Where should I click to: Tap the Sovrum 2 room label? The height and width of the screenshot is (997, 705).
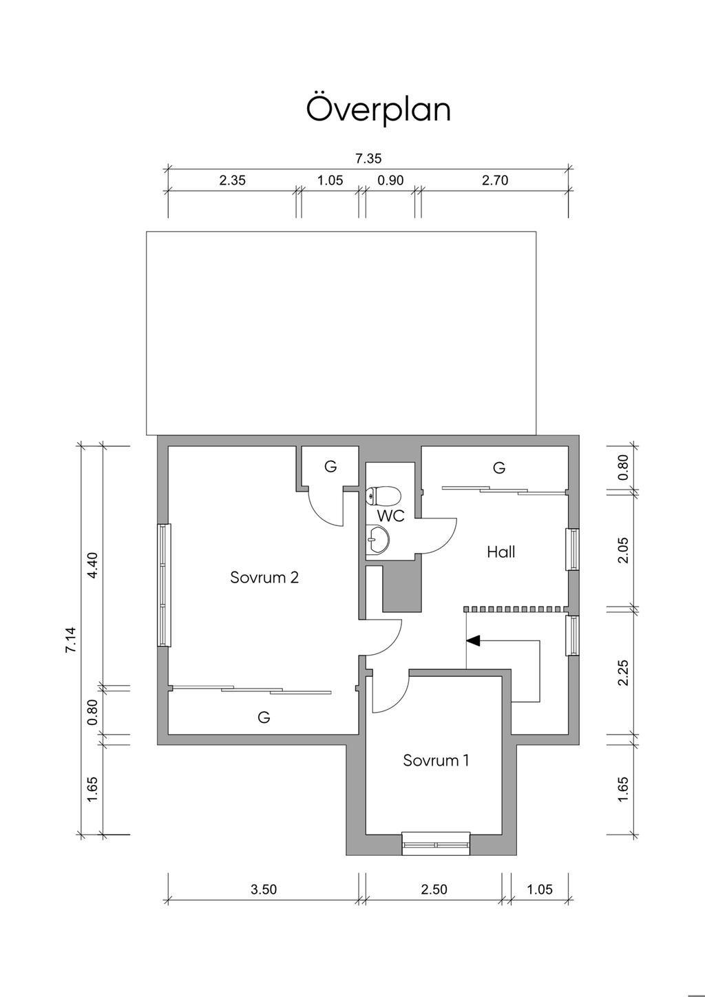point(264,577)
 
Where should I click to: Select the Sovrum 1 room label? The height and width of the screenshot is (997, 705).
point(436,759)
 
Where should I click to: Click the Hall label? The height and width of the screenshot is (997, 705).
point(501,552)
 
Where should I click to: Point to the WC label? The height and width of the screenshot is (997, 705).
point(391,516)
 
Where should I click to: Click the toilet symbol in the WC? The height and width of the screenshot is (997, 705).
point(383,495)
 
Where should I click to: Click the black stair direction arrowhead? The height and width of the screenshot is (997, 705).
point(473,640)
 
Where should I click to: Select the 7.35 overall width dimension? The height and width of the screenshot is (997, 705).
point(368,158)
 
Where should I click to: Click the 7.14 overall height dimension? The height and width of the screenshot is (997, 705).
point(71,640)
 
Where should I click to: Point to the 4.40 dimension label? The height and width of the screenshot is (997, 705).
point(94,565)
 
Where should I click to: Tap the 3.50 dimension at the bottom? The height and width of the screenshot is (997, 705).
point(264,890)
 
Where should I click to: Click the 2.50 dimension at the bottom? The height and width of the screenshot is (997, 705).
point(434,890)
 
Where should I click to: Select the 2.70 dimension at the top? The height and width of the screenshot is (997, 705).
point(495,180)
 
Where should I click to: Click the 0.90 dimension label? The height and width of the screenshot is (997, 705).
point(390,180)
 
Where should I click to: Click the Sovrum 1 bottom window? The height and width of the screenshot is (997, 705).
point(436,843)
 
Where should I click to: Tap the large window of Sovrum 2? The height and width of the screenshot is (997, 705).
point(165,585)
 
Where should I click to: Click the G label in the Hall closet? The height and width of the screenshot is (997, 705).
point(499,468)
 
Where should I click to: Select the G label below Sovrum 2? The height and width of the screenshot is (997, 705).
point(264,717)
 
